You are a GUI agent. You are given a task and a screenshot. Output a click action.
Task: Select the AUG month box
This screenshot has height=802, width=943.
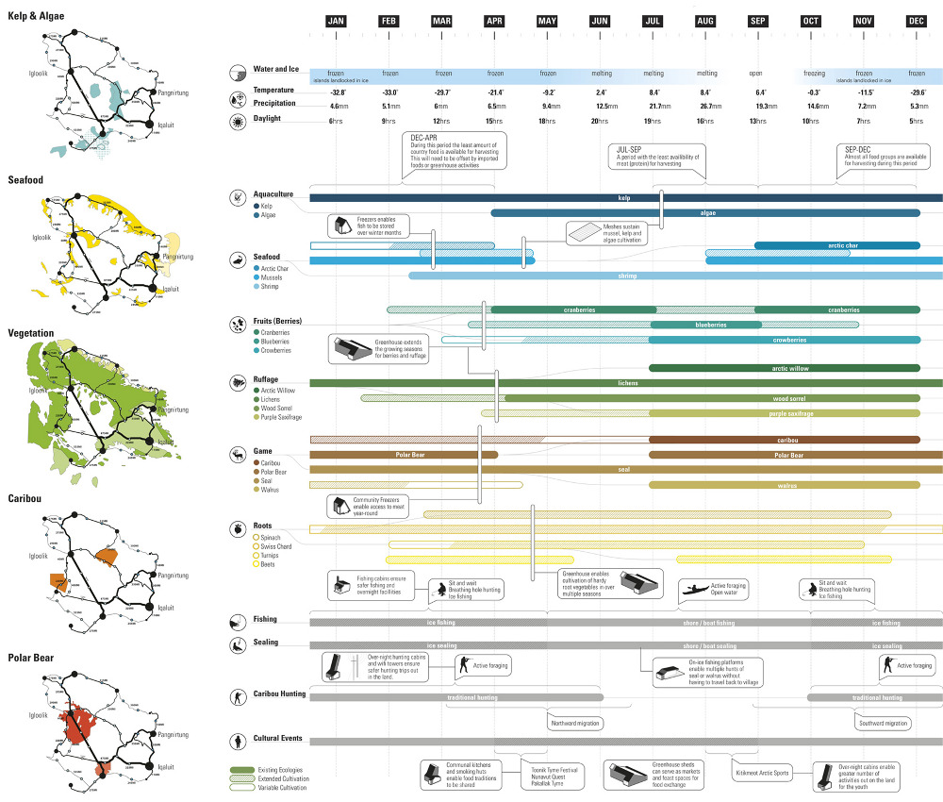(x=704, y=22)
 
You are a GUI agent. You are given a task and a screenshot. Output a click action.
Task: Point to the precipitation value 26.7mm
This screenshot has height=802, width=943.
(x=705, y=107)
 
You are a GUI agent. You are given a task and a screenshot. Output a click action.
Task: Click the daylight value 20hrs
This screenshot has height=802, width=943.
(x=599, y=122)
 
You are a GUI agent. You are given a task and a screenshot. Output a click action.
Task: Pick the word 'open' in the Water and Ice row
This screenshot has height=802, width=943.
(x=755, y=73)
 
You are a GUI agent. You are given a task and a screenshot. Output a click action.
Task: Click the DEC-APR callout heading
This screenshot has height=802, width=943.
(x=425, y=138)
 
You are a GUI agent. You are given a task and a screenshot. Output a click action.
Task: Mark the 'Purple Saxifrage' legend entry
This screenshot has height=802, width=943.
(x=281, y=416)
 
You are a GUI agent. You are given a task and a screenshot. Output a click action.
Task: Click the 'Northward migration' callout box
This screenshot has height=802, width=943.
(x=574, y=723)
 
